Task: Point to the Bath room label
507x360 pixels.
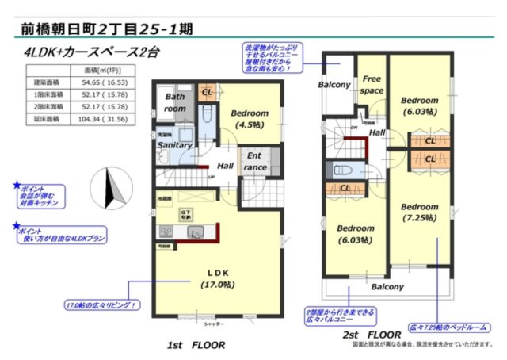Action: (x=175, y=102)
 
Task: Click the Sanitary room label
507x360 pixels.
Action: (x=174, y=145)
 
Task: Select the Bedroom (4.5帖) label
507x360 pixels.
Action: (x=249, y=118)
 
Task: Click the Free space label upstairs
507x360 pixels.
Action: (x=372, y=85)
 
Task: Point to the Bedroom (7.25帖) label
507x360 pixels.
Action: (x=419, y=212)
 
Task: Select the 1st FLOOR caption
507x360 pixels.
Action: (x=197, y=345)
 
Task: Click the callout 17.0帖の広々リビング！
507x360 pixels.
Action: (x=102, y=304)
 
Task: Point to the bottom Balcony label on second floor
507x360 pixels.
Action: (x=387, y=287)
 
